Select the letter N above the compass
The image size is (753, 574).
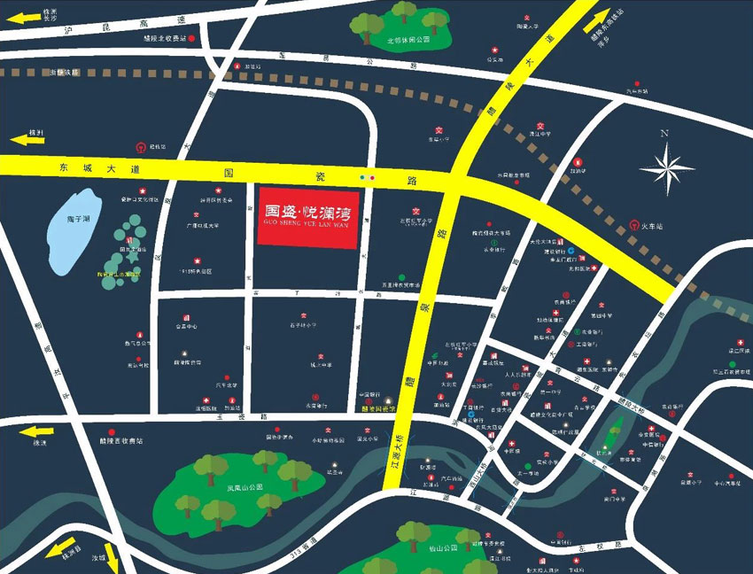pyautogui.click(x=665, y=134)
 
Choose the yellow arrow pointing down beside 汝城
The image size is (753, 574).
pyautogui.click(x=113, y=558)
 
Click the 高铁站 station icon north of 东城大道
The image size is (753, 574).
pyautogui.click(x=140, y=147)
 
